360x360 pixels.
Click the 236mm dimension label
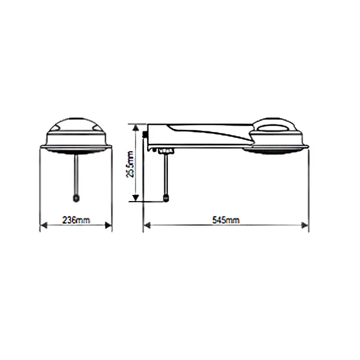tap(76, 220)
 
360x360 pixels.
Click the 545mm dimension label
tap(226, 220)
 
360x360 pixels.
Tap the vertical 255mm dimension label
tap(130, 164)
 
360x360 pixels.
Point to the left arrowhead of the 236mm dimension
tap(44, 226)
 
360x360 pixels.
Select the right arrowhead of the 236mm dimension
tap(108, 226)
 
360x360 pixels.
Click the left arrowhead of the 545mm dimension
tap(147, 226)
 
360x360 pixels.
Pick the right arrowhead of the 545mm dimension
tap(305, 226)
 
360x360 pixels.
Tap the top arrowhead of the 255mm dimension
tap(136, 128)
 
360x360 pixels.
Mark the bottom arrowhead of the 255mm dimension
tap(136, 198)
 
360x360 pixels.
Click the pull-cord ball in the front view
tap(76, 198)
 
